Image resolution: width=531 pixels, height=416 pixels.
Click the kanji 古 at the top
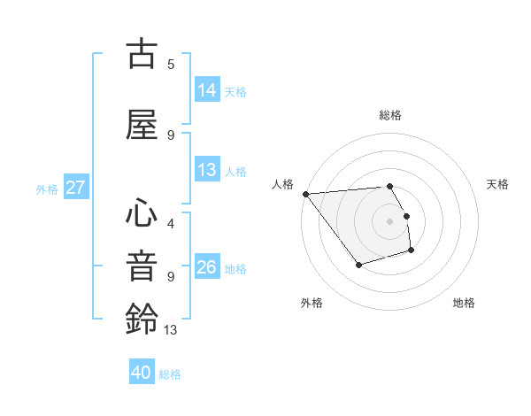pyautogui.click(x=142, y=55)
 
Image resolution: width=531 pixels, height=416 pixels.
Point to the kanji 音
pyautogui.click(x=142, y=266)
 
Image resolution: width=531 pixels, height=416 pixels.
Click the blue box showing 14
pyautogui.click(x=207, y=90)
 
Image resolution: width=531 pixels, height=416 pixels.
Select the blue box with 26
pyautogui.click(x=207, y=267)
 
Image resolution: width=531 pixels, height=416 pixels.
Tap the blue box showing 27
pyautogui.click(x=75, y=188)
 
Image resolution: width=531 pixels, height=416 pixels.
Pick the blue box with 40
pyautogui.click(x=142, y=373)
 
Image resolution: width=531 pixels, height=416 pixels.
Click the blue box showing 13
pyautogui.click(x=207, y=170)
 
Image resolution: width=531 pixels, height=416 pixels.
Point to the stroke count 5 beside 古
pyautogui.click(x=171, y=65)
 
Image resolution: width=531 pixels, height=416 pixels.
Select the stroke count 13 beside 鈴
pyautogui.click(x=170, y=329)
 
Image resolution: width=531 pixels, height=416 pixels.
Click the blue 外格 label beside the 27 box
pyautogui.click(x=47, y=189)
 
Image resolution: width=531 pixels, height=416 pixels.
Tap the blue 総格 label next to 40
pyautogui.click(x=170, y=374)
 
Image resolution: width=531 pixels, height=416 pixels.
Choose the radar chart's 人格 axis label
pyautogui.click(x=283, y=184)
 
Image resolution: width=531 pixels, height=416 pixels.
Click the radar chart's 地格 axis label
pyautogui.click(x=464, y=303)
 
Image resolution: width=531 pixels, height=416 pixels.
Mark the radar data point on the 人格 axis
pyautogui.click(x=305, y=193)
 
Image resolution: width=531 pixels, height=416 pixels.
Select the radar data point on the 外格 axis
pyautogui.click(x=358, y=265)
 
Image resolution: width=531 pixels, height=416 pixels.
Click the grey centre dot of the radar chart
pyautogui.click(x=389, y=220)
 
